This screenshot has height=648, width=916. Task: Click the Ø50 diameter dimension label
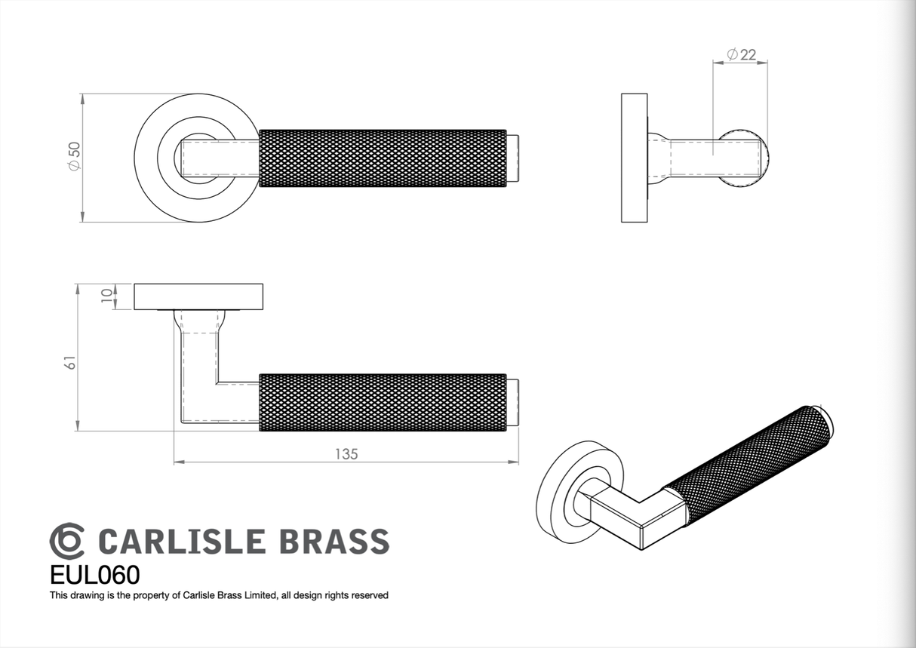pyautogui.click(x=74, y=158)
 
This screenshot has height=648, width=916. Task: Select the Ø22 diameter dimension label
pyautogui.click(x=741, y=54)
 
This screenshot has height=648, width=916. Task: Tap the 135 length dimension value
pyautogui.click(x=346, y=453)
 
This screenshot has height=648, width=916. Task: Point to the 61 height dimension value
pyautogui.click(x=70, y=361)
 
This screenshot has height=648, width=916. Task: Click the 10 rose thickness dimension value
pyautogui.click(x=106, y=296)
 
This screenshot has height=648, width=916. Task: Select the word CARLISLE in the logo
pyautogui.click(x=182, y=542)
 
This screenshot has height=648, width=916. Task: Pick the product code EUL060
pyautogui.click(x=94, y=576)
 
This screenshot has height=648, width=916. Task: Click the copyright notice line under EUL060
pyautogui.click(x=219, y=596)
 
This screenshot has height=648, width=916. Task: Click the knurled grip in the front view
pyautogui.click(x=383, y=158)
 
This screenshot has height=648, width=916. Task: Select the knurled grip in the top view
pyautogui.click(x=383, y=402)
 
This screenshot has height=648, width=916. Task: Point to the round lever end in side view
pyautogui.click(x=745, y=158)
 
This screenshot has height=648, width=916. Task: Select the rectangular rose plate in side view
pyautogui.click(x=634, y=158)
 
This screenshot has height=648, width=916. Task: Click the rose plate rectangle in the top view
pyautogui.click(x=198, y=296)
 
